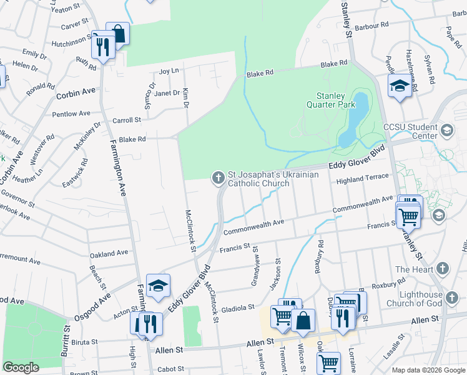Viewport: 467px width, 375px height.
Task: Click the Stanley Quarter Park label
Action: [x=331, y=100]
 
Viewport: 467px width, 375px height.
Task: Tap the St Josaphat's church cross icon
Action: [x=219, y=179]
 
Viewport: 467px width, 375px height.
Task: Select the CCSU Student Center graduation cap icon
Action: [x=446, y=130]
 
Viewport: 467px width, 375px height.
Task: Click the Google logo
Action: [x=21, y=367]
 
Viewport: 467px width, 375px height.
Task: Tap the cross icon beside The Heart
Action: [x=442, y=269]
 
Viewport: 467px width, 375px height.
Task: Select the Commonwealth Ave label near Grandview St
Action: [x=253, y=226]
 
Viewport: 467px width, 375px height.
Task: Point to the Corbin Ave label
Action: [x=76, y=92]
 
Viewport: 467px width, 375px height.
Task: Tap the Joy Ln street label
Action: [x=169, y=72]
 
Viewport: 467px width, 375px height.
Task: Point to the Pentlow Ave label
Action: [x=71, y=114]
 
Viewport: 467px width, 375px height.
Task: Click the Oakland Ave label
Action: [x=109, y=254]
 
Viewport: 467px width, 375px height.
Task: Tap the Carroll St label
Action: [x=127, y=120]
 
